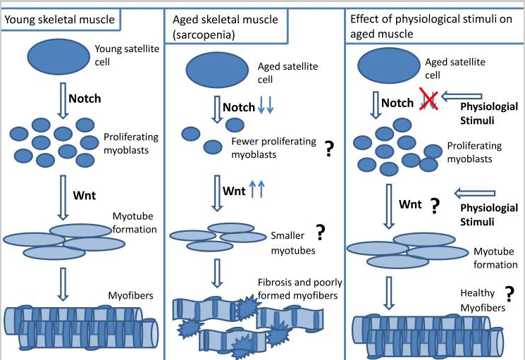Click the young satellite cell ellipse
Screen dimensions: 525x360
(58, 56)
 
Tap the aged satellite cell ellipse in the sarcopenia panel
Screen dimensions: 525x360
(217, 70)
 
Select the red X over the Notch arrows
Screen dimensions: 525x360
(429, 99)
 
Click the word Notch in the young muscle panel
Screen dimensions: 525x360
(85, 99)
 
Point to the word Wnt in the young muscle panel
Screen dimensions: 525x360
(85, 195)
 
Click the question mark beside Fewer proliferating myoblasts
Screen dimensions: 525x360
(330, 149)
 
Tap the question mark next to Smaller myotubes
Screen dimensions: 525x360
(321, 232)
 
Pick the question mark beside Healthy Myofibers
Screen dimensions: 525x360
(509, 294)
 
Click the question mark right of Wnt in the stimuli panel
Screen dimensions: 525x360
(435, 206)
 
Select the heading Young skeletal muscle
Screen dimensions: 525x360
(60, 20)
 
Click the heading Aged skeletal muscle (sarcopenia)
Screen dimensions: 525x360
(226, 27)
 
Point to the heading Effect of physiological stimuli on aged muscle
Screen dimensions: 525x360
(431, 26)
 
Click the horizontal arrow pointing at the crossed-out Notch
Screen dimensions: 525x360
(462, 97)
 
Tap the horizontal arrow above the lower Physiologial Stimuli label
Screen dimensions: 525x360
(475, 193)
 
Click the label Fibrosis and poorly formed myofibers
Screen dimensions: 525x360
(300, 289)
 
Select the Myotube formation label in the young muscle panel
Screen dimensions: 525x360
(135, 223)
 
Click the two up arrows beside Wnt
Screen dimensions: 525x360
(257, 189)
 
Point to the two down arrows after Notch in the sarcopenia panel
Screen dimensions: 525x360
(266, 104)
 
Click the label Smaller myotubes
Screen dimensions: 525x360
(293, 243)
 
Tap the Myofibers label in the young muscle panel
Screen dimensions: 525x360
(130, 295)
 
